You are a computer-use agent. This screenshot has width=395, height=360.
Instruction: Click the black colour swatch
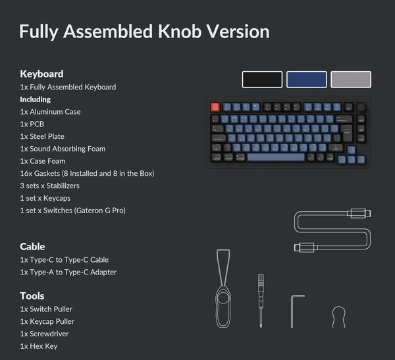(x=262, y=80)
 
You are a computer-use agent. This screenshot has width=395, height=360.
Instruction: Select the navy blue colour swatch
(x=307, y=80)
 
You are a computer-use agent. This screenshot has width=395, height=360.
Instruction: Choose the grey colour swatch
(x=351, y=80)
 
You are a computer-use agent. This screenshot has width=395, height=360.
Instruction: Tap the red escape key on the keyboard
(x=215, y=107)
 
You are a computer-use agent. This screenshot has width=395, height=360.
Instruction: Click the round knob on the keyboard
(x=361, y=107)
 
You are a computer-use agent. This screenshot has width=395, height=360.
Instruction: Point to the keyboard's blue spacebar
(x=276, y=157)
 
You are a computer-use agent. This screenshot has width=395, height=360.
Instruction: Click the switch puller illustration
(x=223, y=288)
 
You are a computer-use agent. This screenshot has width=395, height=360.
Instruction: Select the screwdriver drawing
(x=261, y=301)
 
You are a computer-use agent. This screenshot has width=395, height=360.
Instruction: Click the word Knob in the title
(x=180, y=32)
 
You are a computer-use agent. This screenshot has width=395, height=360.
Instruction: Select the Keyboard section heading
(x=42, y=74)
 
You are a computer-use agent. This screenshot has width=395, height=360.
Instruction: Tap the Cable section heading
(x=32, y=247)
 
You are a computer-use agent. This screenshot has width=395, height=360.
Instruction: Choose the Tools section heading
(x=32, y=296)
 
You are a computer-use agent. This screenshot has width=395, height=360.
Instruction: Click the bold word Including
(x=36, y=99)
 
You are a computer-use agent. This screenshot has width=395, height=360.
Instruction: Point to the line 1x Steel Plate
(x=42, y=136)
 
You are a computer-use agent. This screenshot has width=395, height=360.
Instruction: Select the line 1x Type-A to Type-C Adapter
(x=68, y=272)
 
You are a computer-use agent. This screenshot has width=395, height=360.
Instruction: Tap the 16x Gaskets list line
(x=87, y=174)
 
